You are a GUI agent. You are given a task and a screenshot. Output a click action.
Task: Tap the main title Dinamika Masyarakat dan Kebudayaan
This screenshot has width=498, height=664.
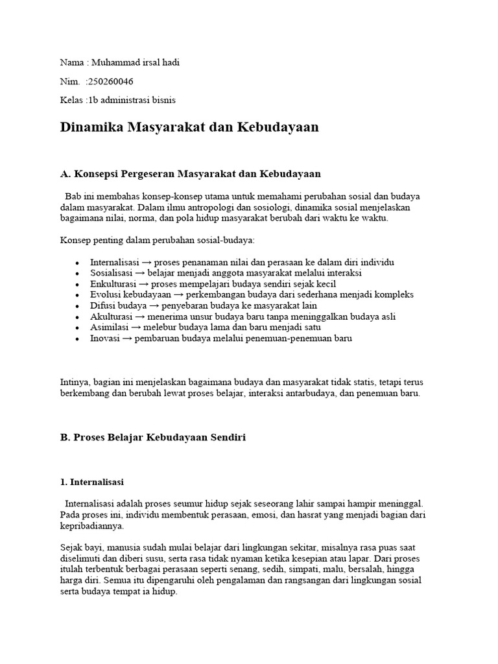[189, 127]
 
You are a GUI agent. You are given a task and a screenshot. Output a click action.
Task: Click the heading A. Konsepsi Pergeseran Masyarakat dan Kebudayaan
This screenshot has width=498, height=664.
[190, 174]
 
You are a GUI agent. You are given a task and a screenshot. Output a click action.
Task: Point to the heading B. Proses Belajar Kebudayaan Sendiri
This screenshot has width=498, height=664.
[153, 438]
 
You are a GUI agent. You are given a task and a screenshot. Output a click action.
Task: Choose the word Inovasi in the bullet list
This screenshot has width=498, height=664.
[105, 338]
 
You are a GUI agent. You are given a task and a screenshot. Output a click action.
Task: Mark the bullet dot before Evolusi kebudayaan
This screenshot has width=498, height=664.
[77, 296]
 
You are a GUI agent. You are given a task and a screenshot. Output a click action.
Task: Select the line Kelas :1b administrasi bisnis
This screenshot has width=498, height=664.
[117, 100]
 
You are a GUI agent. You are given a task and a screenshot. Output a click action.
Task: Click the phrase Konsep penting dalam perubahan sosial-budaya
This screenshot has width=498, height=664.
[158, 240]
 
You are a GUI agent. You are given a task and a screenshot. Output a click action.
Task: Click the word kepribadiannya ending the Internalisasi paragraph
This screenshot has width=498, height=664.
[91, 526]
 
